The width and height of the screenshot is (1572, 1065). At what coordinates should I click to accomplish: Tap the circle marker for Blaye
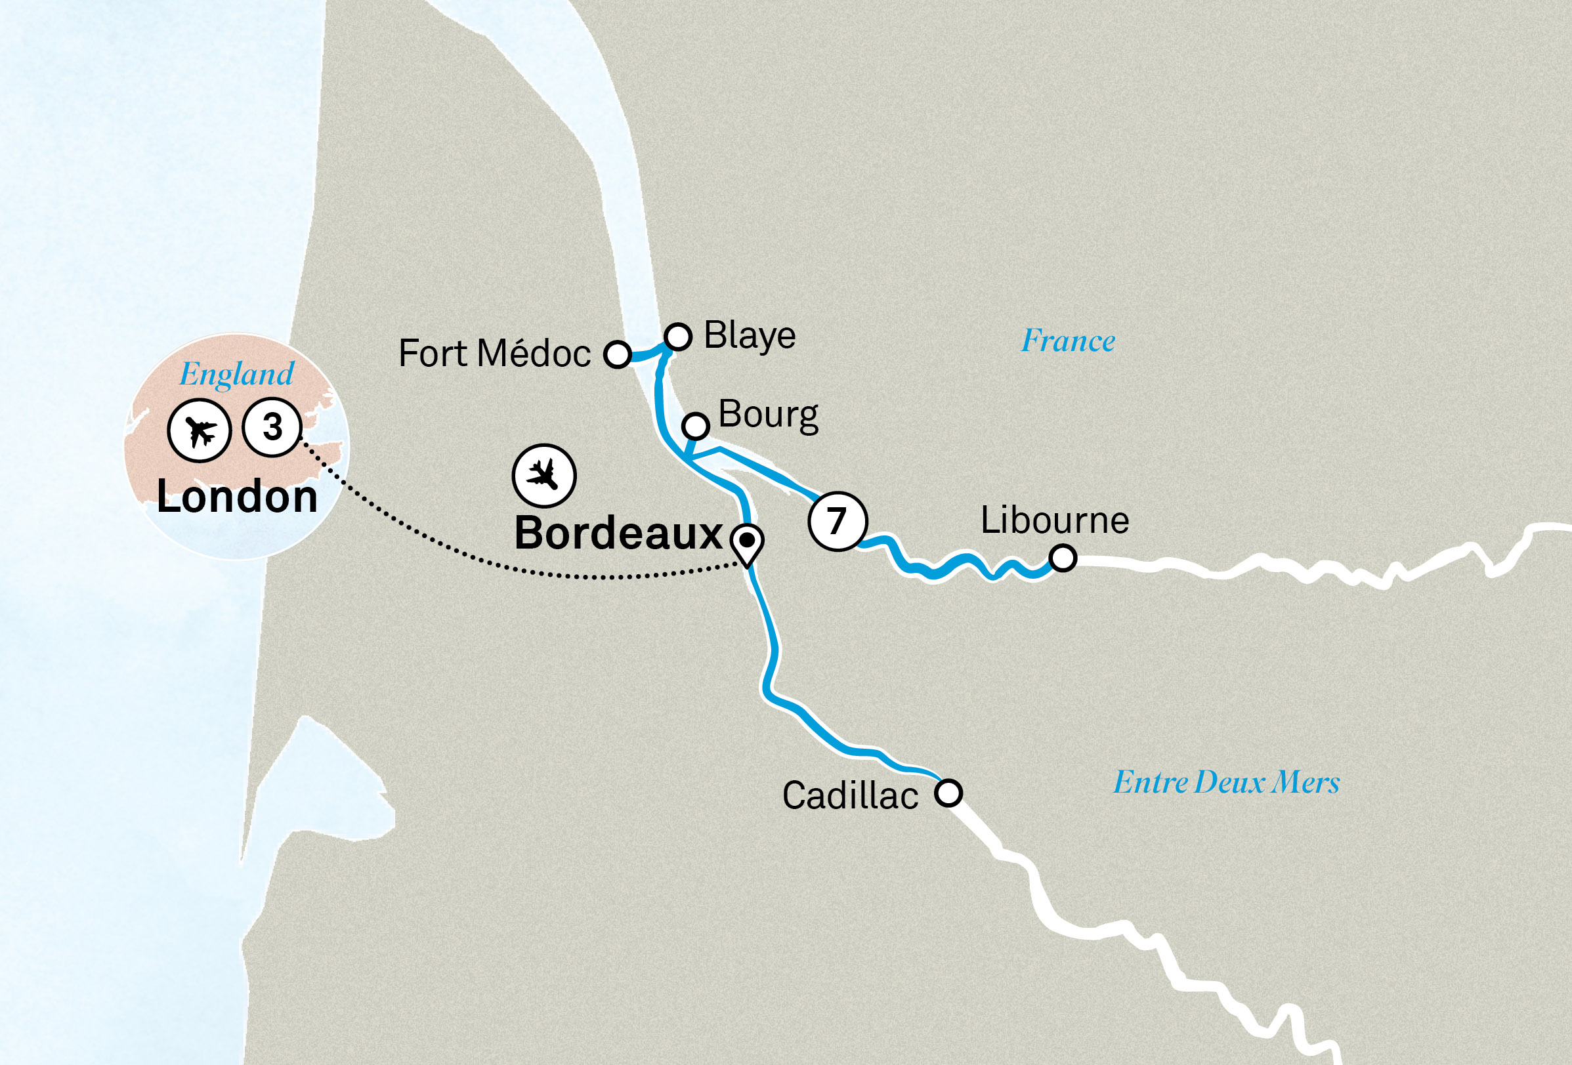click(x=678, y=336)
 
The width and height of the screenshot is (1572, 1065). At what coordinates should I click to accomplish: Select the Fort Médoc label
click(x=494, y=354)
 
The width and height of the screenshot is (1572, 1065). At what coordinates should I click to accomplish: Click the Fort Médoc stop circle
click(x=618, y=354)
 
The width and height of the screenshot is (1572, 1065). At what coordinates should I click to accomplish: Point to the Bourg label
click(x=768, y=415)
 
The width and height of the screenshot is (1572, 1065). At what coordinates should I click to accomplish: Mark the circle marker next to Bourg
click(x=696, y=426)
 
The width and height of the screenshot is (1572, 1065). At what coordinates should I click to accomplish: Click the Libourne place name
click(x=1055, y=520)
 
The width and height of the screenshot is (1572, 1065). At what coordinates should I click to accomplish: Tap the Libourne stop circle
click(x=1063, y=558)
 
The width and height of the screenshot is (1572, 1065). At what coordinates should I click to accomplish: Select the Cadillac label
click(x=849, y=795)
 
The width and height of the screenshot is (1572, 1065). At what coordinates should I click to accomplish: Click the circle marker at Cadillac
click(x=948, y=793)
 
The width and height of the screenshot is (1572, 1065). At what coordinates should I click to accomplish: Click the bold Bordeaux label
click(x=618, y=533)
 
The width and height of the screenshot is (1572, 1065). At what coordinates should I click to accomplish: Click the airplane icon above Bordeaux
click(x=544, y=475)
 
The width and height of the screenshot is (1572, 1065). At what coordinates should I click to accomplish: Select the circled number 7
click(x=838, y=521)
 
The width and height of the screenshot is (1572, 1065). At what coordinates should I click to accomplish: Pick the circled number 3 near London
click(x=272, y=427)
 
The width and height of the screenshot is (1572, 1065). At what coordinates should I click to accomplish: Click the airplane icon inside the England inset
click(x=200, y=430)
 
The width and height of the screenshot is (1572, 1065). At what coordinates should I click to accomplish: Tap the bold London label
click(x=237, y=497)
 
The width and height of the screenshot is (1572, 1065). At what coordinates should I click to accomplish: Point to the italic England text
click(x=237, y=375)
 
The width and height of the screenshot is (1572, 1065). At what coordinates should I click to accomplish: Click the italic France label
click(x=1068, y=341)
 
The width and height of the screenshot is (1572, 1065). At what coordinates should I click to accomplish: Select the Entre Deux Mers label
click(x=1226, y=782)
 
